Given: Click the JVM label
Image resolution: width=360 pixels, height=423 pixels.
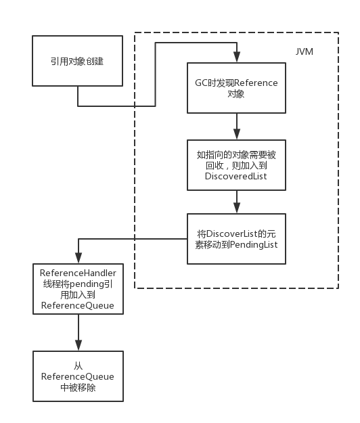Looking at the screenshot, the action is click(x=305, y=51).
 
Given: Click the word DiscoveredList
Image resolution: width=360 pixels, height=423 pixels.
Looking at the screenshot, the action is click(x=236, y=176).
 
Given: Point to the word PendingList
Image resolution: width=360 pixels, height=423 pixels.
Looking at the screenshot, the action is click(x=254, y=245).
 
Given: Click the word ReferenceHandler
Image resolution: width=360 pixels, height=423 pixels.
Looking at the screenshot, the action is click(x=78, y=273).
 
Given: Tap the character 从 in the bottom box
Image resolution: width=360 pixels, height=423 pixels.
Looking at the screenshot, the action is click(x=78, y=365).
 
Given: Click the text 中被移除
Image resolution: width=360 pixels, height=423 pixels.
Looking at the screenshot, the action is click(x=78, y=388).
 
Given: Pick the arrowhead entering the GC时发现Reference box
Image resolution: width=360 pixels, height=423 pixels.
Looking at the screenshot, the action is click(x=237, y=57).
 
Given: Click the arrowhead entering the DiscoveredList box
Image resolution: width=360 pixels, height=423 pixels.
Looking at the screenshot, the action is click(x=237, y=134).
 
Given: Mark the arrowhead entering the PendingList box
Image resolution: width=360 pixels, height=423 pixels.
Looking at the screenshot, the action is click(x=237, y=208).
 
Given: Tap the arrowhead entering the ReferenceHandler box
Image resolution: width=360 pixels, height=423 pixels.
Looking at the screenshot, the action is click(x=78, y=258).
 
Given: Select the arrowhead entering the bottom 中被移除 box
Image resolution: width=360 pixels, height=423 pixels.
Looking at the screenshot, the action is click(x=78, y=345).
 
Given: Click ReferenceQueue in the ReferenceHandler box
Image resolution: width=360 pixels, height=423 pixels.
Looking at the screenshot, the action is click(x=78, y=306).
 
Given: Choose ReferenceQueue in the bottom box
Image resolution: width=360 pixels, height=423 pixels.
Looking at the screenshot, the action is click(x=78, y=376).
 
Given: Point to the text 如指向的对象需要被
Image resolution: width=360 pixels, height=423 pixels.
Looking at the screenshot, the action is click(x=236, y=155).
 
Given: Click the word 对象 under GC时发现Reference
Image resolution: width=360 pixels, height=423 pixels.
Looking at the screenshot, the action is click(x=236, y=94).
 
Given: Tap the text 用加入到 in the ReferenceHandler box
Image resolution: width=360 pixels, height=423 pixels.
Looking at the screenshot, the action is click(x=78, y=295).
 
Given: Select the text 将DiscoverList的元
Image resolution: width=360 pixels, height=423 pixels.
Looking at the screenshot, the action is click(x=236, y=233).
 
